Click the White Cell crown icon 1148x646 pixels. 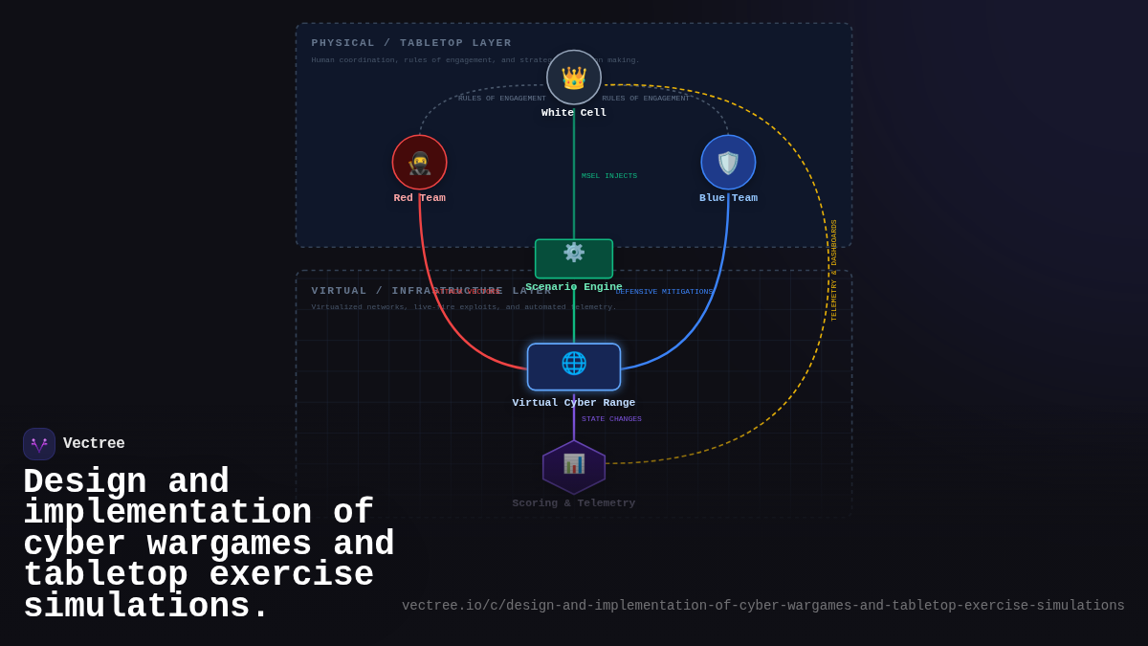click(574, 78)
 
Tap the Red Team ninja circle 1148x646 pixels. click(419, 163)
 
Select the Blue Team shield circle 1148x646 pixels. click(728, 163)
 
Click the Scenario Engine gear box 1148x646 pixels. click(574, 258)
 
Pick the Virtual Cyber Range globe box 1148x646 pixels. click(574, 367)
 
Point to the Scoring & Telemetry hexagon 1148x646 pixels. click(574, 466)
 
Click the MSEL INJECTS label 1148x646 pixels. click(609, 176)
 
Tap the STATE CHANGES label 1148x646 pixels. click(611, 419)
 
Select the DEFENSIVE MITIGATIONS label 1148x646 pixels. click(664, 292)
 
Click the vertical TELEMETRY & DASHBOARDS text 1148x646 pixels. click(833, 270)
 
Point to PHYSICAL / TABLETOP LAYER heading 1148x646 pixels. click(411, 43)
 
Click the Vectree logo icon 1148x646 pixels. click(39, 444)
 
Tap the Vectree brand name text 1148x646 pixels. click(94, 444)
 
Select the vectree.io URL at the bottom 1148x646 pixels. click(762, 606)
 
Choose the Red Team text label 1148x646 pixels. click(419, 198)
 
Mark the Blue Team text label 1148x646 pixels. click(728, 198)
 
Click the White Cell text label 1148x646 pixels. click(574, 113)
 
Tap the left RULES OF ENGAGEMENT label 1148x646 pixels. click(502, 99)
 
